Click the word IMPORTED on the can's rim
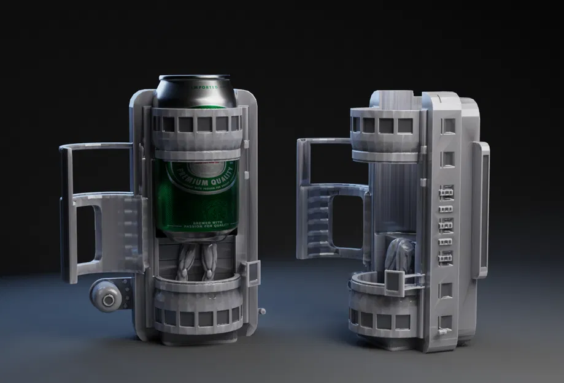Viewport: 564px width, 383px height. pyautogui.click(x=205, y=87)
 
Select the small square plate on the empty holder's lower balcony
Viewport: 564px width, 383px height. pyautogui.click(x=393, y=279)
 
